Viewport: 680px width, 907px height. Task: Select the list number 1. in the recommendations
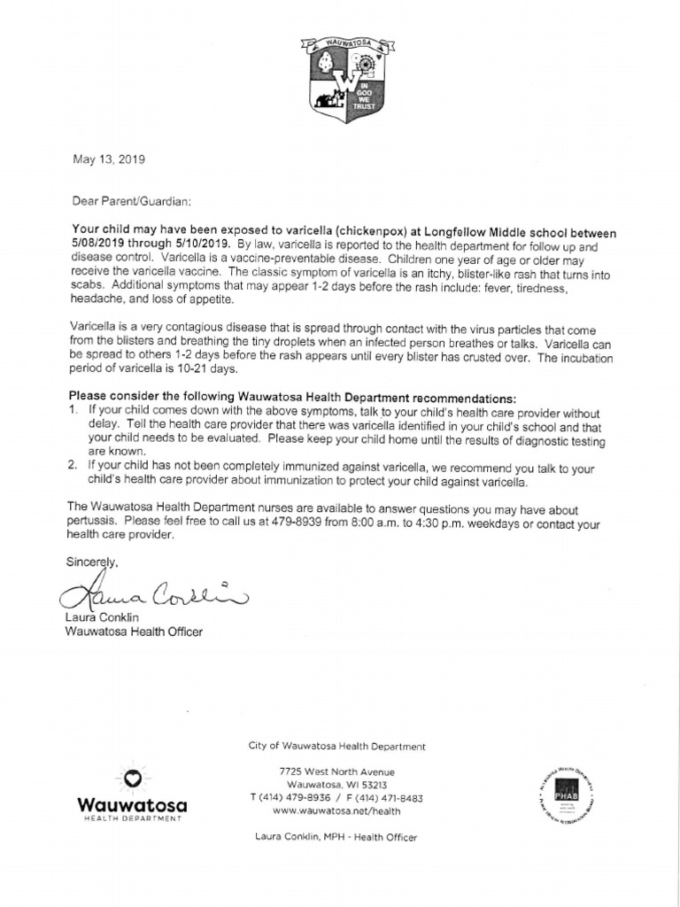[x=73, y=413]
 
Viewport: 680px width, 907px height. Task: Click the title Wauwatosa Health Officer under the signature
[x=135, y=632]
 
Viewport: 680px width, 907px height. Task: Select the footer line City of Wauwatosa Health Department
[x=336, y=747]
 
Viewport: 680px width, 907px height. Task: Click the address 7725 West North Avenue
[x=336, y=772]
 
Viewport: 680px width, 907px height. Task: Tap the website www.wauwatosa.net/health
[x=336, y=810]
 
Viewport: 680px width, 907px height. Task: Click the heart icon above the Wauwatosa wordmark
[x=132, y=778]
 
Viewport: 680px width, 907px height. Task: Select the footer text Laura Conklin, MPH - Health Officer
[x=336, y=836]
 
